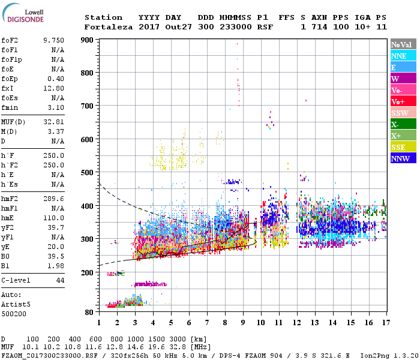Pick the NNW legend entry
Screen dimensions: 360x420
point(401,158)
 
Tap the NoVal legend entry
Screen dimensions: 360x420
point(401,44)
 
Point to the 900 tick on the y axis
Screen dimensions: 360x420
point(88,40)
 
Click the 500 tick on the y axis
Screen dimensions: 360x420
point(88,173)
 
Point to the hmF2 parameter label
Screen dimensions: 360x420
point(11,197)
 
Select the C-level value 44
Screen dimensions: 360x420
point(60,280)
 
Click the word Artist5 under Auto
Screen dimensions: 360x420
point(16,304)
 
